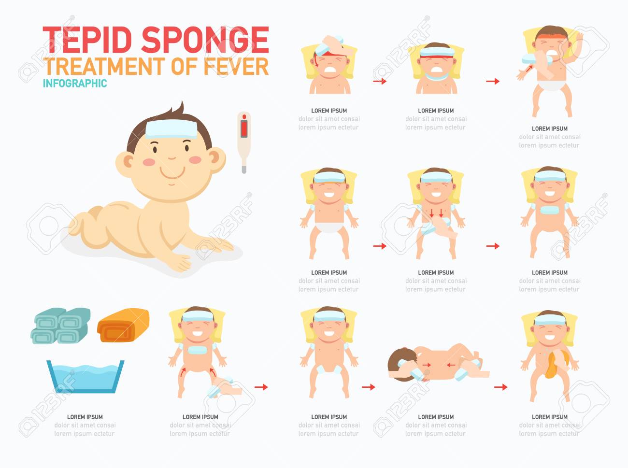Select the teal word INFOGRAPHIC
(75, 84)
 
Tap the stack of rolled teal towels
(62, 326)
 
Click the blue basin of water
(85, 376)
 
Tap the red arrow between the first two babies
(380, 81)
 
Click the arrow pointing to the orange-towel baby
(500, 387)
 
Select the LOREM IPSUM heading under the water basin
(85, 417)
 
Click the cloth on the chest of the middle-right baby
(549, 210)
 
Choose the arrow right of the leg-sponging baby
(261, 387)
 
